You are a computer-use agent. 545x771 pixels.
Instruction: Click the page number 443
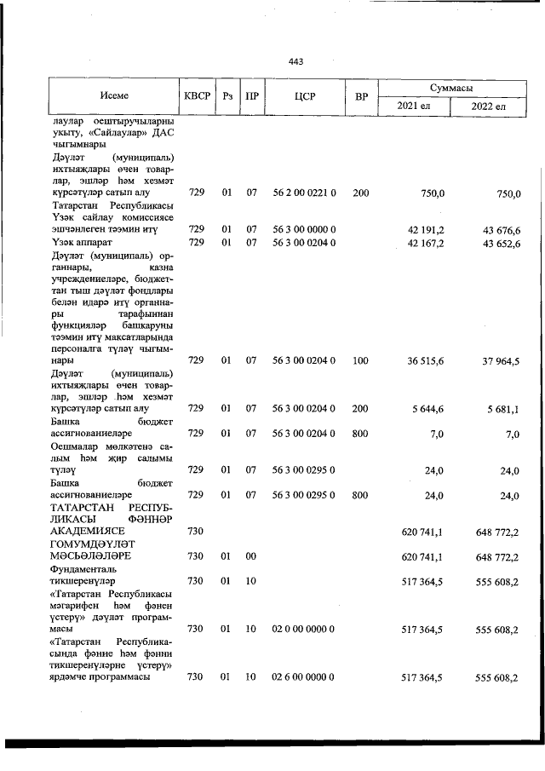[x=295, y=61]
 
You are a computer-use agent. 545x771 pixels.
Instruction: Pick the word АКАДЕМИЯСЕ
[x=85, y=531]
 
